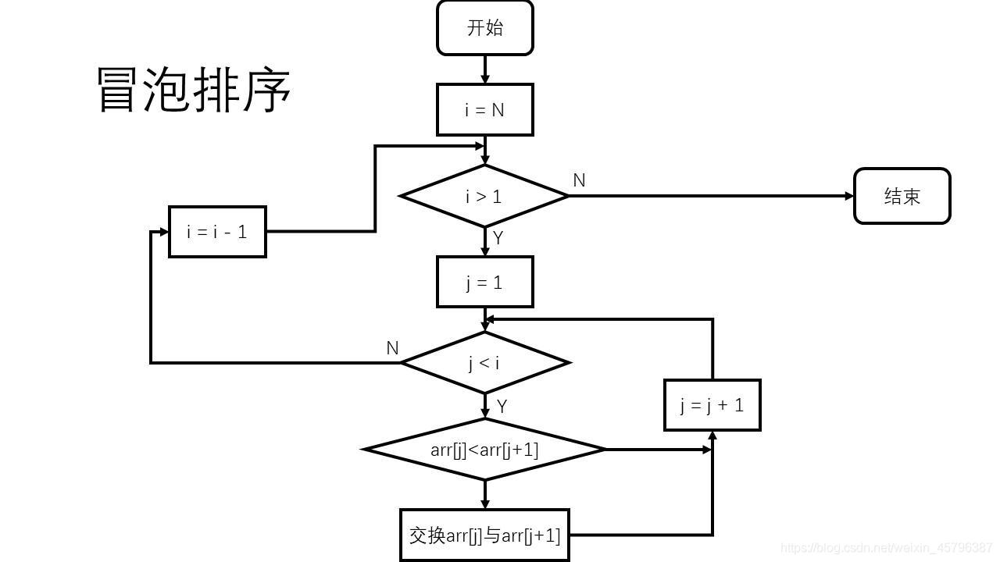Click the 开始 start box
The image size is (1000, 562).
pos(484,28)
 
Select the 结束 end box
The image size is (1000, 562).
pos(902,196)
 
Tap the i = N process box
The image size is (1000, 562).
pos(484,110)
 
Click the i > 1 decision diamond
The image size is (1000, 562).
pos(484,196)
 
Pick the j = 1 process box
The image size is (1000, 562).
pos(484,282)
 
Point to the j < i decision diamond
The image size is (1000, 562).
pos(484,363)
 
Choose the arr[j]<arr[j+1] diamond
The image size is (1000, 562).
pos(484,450)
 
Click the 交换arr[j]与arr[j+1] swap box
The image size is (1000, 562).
pos(484,535)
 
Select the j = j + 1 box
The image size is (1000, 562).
pos(712,405)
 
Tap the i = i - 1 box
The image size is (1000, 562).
pos(217,232)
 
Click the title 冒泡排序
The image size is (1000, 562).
pos(194,90)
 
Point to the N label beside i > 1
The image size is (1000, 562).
pos(579,180)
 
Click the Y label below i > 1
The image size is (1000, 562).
pos(498,238)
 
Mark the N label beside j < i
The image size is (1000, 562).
pos(392,348)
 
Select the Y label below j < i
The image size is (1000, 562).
pos(502,406)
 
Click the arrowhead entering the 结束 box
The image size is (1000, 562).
pos(850,196)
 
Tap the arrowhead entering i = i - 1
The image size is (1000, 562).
pos(164,232)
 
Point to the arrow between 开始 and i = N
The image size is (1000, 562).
pos(484,69)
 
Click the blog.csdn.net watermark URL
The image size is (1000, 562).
pos(887,549)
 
